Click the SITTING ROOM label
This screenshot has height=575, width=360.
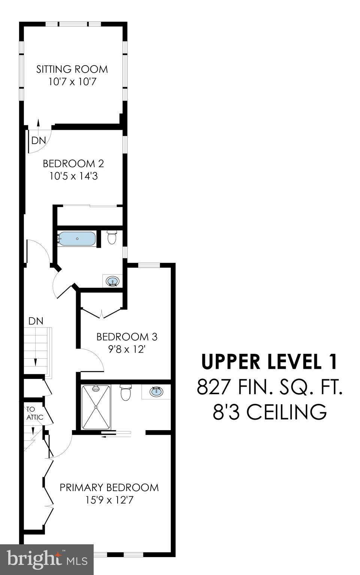click(x=72, y=69)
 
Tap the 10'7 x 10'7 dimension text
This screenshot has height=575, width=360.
click(x=72, y=82)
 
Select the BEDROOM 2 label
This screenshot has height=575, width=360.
click(x=73, y=164)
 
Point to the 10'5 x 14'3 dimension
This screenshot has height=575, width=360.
click(x=73, y=176)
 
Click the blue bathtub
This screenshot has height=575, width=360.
click(x=77, y=239)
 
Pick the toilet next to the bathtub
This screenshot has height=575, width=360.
click(x=112, y=237)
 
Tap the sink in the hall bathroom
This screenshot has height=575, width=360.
click(x=112, y=281)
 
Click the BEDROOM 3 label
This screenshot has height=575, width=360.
click(x=127, y=337)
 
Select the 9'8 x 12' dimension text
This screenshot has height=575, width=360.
click(x=127, y=349)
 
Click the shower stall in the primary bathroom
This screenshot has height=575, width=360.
click(x=96, y=407)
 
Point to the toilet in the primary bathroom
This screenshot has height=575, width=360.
click(x=125, y=393)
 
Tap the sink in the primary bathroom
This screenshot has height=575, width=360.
click(x=156, y=392)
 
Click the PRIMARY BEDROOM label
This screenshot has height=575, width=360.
click(x=109, y=487)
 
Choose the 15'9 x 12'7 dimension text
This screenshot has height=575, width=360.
click(x=109, y=500)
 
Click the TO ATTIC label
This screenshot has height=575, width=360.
click(x=34, y=413)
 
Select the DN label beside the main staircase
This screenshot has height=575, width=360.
click(x=36, y=321)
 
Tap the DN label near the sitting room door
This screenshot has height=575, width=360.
click(x=39, y=141)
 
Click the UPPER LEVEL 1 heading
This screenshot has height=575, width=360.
click(x=269, y=362)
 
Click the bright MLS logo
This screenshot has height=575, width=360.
click(x=47, y=560)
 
